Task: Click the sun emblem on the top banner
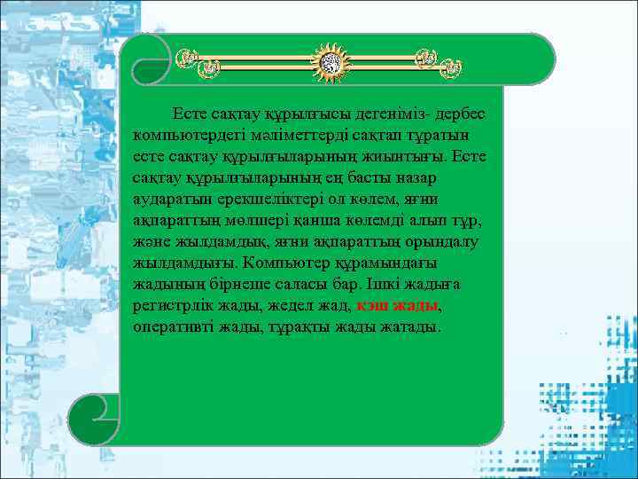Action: point(330,61)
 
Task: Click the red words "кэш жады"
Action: point(397,305)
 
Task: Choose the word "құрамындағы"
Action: point(388,263)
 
